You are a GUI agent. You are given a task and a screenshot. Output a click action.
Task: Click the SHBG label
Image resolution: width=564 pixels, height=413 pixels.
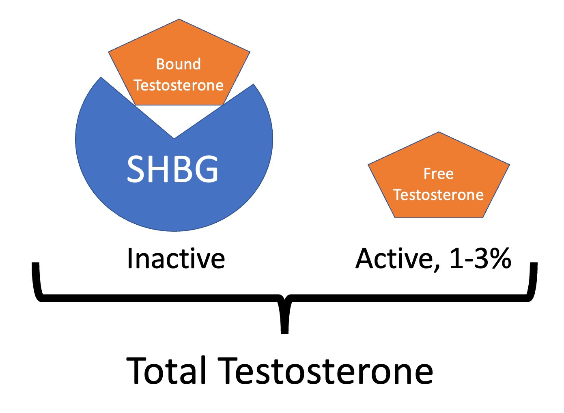[x=173, y=169]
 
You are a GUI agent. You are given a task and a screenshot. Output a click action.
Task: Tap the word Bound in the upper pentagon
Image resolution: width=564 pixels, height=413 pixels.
[x=179, y=64]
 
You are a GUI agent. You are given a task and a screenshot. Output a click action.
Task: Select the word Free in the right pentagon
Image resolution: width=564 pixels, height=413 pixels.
[x=439, y=174]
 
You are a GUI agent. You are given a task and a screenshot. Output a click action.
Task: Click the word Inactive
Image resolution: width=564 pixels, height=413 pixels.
[x=176, y=258]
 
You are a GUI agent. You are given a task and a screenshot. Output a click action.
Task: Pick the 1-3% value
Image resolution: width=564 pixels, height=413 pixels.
[x=480, y=258]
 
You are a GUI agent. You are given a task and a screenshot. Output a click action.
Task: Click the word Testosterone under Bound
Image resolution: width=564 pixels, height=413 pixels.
[x=179, y=85]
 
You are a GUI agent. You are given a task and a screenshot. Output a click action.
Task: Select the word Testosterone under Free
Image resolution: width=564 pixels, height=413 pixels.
[x=439, y=195]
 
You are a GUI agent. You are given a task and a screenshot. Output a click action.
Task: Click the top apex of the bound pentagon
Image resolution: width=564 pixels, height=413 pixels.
[x=179, y=20]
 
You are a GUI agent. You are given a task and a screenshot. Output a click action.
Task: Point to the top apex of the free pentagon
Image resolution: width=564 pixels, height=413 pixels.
[x=439, y=133]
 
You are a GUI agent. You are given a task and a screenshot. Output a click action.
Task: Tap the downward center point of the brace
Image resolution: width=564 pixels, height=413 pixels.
[x=284, y=331]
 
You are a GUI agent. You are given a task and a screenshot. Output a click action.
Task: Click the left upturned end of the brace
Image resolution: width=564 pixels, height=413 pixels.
[x=36, y=266]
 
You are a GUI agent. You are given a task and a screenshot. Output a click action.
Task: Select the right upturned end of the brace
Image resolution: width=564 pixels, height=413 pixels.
[x=534, y=266]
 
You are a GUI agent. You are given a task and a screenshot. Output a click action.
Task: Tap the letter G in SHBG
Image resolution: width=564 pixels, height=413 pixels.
[x=206, y=169]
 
